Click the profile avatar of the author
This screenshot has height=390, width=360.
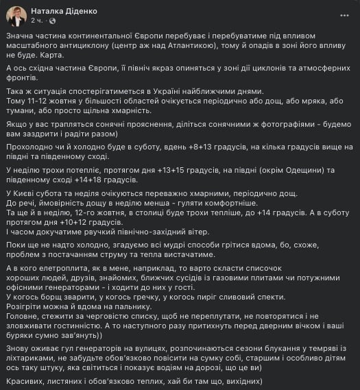16,15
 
